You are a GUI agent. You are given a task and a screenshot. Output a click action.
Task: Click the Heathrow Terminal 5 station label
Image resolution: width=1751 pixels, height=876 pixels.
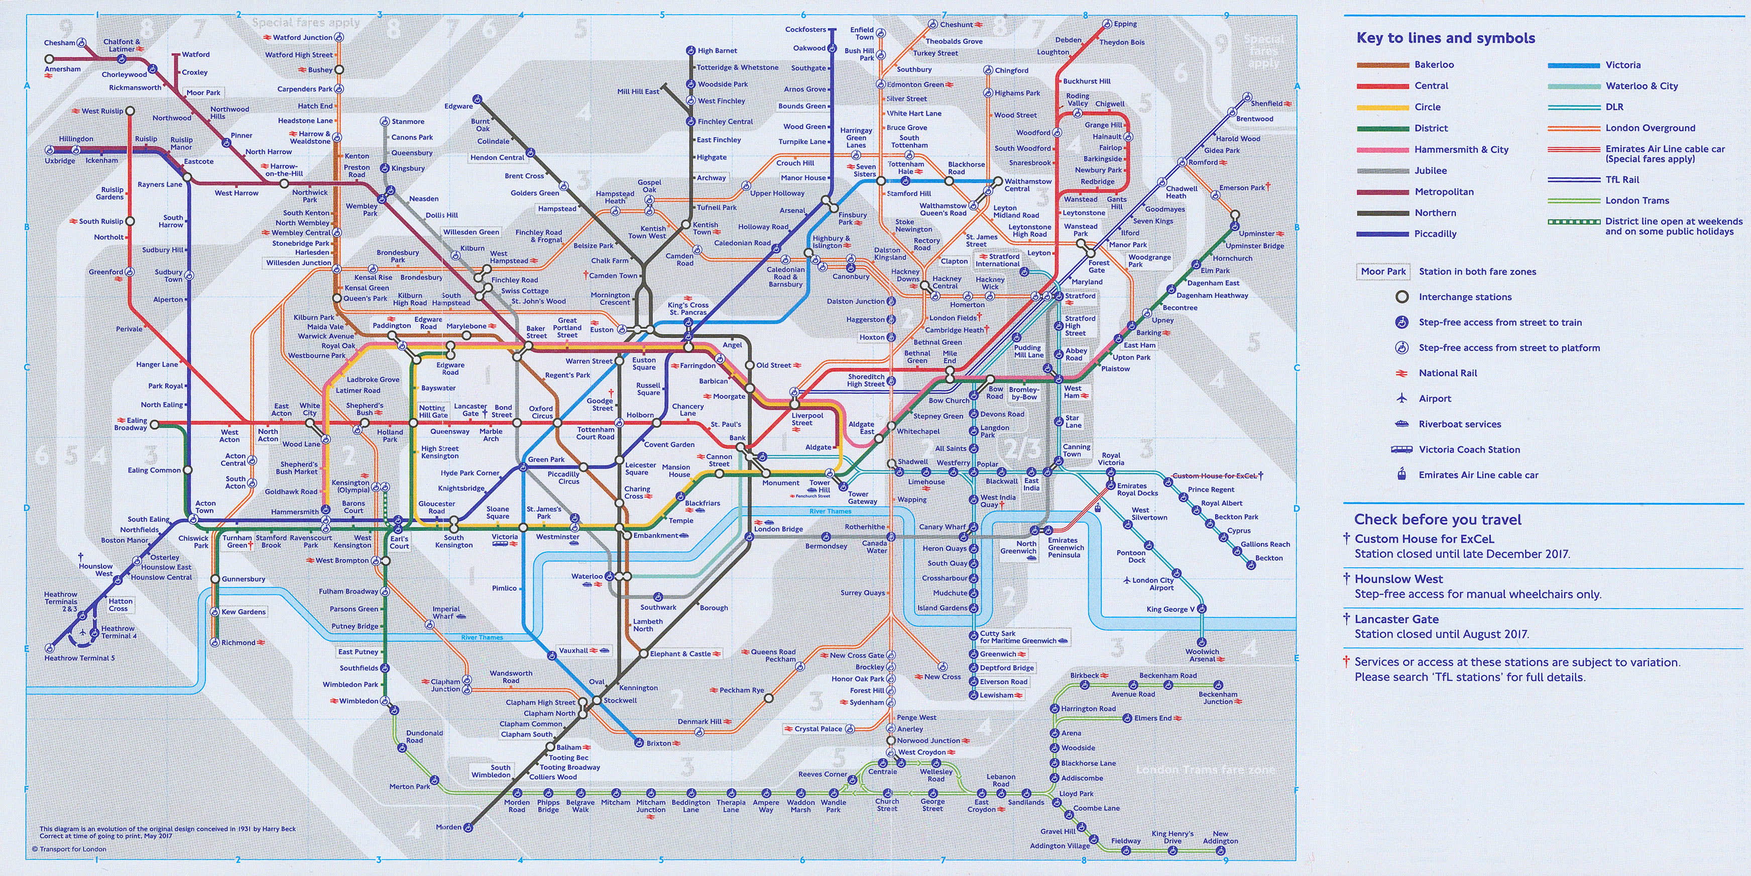[x=79, y=658]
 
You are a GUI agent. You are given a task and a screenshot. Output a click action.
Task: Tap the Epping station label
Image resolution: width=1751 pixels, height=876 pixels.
[x=1125, y=24]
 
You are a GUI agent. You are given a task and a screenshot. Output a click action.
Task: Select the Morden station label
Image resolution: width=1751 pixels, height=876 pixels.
[x=448, y=827]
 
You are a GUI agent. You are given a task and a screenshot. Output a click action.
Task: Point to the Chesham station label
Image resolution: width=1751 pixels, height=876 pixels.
[x=59, y=43]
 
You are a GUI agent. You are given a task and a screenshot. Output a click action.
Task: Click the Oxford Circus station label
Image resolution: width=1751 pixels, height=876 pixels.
[x=542, y=412]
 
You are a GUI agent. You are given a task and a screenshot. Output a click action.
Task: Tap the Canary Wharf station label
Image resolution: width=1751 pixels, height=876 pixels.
[x=942, y=526]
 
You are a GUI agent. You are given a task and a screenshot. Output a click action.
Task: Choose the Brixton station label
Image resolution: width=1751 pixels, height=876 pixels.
[x=658, y=743]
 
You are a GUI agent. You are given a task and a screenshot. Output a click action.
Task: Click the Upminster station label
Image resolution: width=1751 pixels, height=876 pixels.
[x=1256, y=233]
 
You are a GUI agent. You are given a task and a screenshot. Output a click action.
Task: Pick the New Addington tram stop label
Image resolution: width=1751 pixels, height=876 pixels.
[x=1220, y=837]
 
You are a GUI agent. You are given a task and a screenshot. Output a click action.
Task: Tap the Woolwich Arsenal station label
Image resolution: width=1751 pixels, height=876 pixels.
[x=1202, y=655]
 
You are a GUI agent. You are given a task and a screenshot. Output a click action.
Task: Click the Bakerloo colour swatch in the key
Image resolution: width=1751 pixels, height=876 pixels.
[x=1382, y=65]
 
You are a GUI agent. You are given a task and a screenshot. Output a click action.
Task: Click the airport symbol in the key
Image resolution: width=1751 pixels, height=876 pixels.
[x=1401, y=399]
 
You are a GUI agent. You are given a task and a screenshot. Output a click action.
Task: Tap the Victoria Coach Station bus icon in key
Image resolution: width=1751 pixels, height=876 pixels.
[x=1401, y=450]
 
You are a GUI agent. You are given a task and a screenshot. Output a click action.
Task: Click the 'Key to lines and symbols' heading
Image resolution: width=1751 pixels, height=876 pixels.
[x=1445, y=38]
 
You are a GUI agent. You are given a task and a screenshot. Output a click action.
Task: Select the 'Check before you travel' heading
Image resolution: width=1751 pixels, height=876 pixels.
[x=1437, y=520]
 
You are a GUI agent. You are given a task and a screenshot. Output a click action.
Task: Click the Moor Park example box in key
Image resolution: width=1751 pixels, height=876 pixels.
[x=1382, y=271]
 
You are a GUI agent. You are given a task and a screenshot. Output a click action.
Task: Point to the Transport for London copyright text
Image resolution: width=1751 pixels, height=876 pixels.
[x=69, y=849]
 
